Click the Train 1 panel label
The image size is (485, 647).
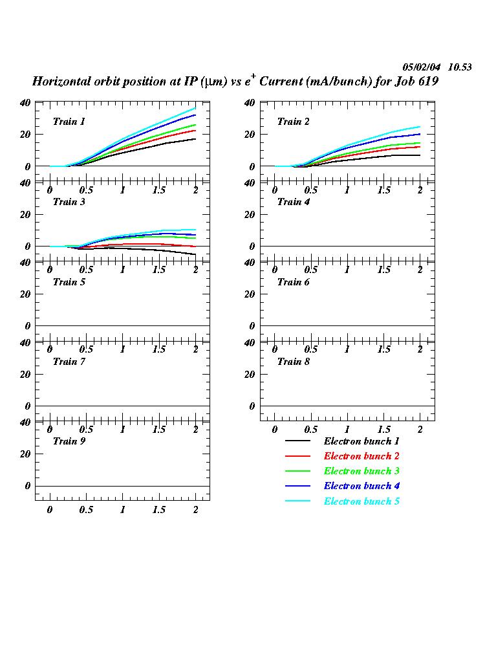(x=69, y=122)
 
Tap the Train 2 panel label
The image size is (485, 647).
(x=294, y=122)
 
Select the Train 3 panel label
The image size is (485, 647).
(x=69, y=202)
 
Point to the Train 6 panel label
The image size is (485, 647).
(x=294, y=282)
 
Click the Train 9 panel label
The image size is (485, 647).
(x=69, y=441)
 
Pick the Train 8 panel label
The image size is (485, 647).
(x=294, y=362)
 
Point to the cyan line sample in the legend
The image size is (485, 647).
(x=298, y=501)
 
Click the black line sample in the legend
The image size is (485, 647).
(x=298, y=441)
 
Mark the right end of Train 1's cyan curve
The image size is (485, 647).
(x=195, y=108)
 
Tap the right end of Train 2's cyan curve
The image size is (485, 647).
(x=420, y=127)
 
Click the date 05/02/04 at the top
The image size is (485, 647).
(x=422, y=67)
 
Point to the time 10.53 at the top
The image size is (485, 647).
(x=460, y=67)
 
